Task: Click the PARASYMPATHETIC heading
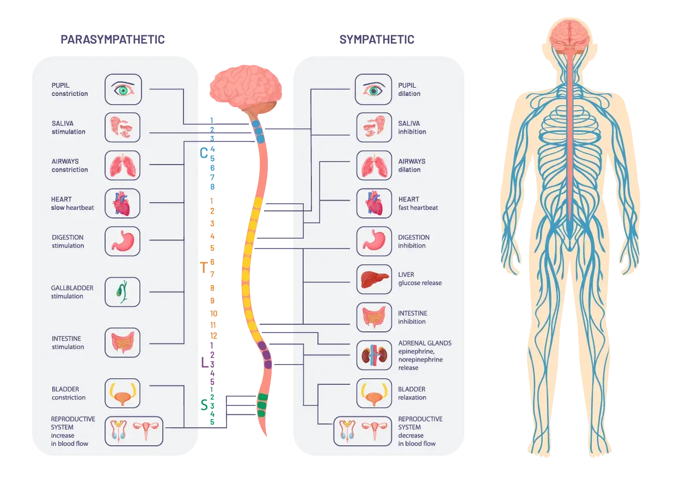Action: coord(113,40)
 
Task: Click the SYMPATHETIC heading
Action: coord(377,40)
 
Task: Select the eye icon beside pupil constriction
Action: coord(123,89)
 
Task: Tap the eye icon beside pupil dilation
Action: coord(373,89)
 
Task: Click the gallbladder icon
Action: coord(122,292)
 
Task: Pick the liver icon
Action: coord(374,279)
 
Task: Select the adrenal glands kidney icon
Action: coord(374,355)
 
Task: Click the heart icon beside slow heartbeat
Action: coord(122,203)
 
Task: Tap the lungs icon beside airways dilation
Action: coord(374,165)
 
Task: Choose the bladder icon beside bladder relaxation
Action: coord(374,393)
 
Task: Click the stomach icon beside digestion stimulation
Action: coord(122,241)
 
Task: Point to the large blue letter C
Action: coord(204,153)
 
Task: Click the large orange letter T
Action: coord(204,268)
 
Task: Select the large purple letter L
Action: coord(205,362)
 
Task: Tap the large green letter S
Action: coord(204,405)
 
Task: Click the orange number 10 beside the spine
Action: coord(213,313)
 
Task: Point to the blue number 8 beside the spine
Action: coord(212,186)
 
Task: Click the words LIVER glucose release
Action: coord(420,279)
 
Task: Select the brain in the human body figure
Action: coord(570,35)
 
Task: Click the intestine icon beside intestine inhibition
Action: coord(374,317)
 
